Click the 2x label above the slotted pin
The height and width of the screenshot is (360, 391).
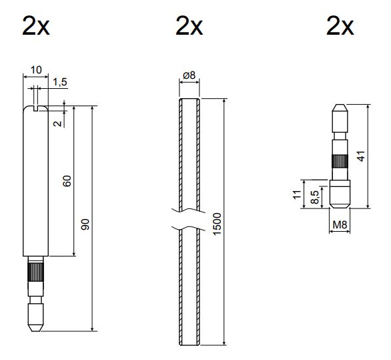click(36, 25)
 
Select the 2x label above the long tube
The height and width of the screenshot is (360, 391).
click(189, 25)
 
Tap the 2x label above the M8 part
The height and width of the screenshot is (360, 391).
click(340, 25)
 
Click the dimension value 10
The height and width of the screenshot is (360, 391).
click(36, 70)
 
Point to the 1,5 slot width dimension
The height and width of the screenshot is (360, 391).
click(60, 81)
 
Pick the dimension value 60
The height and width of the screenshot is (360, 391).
click(67, 181)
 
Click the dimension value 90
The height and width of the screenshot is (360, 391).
click(85, 224)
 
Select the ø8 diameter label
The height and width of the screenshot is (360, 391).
click(189, 75)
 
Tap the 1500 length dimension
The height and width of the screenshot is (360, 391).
click(217, 224)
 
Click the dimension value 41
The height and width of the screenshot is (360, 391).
click(362, 156)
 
